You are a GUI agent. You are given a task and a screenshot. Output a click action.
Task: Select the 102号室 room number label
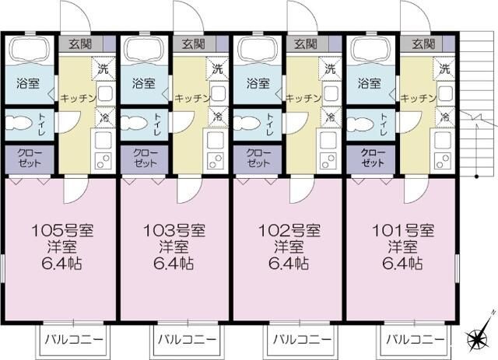pyautogui.click(x=289, y=230)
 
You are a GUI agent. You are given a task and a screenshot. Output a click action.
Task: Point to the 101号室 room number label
pyautogui.click(x=402, y=230)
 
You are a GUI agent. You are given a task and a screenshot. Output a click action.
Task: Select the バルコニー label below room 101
pyautogui.click(x=415, y=340)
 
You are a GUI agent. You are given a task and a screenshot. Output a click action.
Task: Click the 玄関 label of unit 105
pyautogui.click(x=75, y=44)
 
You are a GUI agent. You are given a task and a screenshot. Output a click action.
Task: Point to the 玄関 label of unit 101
pyautogui.click(x=420, y=44)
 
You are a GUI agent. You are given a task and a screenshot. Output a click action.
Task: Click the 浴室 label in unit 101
pyautogui.click(x=368, y=82)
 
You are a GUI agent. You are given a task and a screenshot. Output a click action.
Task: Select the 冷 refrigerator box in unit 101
pyautogui.click(x=444, y=118)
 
